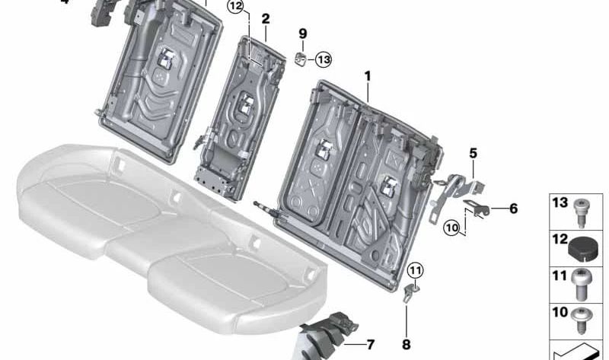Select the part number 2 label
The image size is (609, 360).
[265, 19]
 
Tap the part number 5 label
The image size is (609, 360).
[473, 153]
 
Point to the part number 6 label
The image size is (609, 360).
[512, 207]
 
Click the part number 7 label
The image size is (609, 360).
[370, 345]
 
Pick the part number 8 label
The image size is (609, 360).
[407, 345]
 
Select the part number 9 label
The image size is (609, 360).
[302, 34]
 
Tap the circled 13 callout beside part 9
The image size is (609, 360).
[324, 59]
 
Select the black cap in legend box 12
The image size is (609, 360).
[582, 247]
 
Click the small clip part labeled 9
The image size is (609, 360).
[301, 58]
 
